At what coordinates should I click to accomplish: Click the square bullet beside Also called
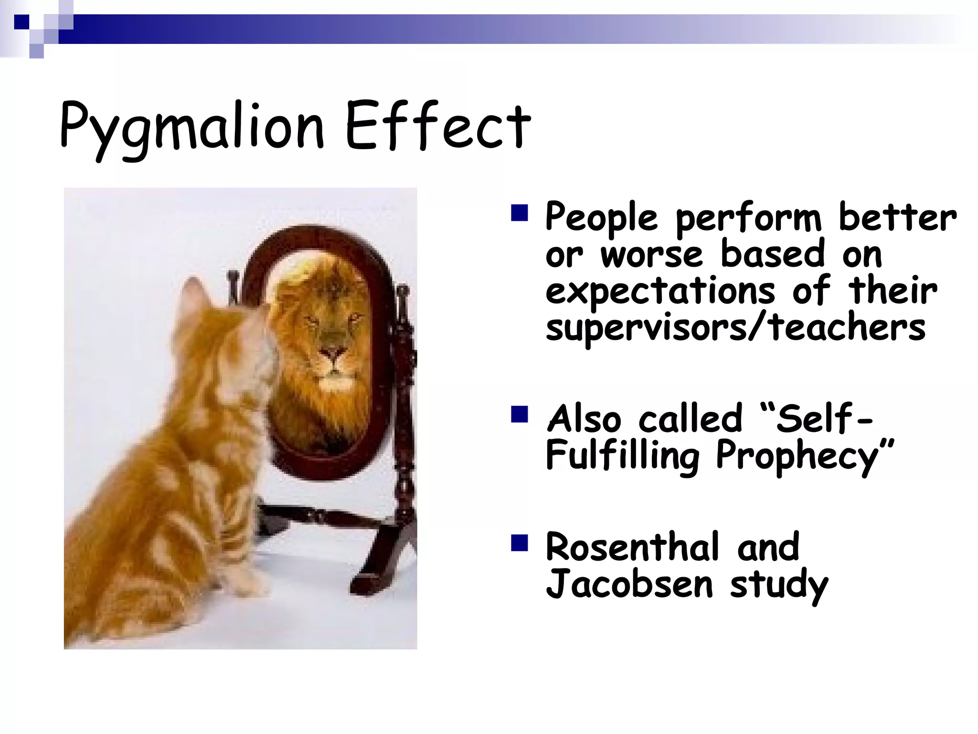(519, 414)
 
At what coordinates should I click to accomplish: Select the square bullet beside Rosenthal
(519, 543)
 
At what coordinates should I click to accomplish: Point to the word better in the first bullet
(898, 218)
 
